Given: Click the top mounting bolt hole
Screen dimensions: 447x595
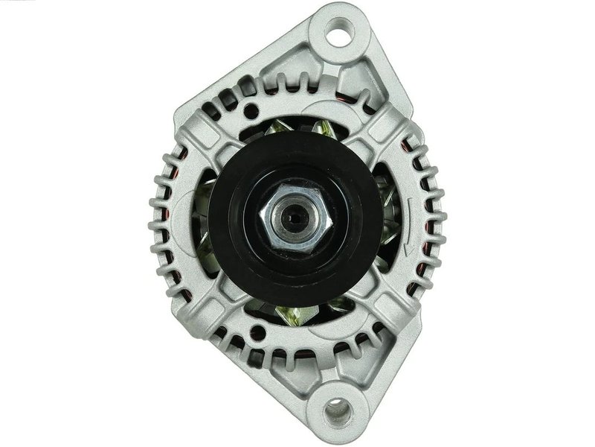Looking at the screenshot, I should tap(340, 31).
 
